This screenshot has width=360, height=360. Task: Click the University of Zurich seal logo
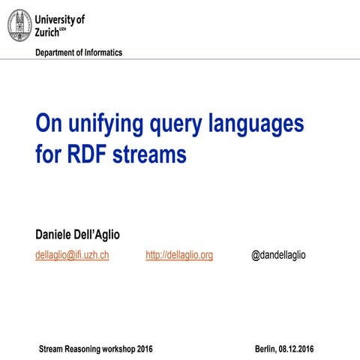tap(19, 25)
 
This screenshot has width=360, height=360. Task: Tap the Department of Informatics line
tap(79, 52)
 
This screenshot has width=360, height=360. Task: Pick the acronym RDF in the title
tap(86, 156)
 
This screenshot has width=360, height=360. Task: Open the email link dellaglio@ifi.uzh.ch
tap(72, 255)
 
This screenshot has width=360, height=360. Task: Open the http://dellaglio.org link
tap(179, 255)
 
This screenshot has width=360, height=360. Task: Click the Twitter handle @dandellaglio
tap(278, 255)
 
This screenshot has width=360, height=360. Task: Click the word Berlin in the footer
tap(265, 349)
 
